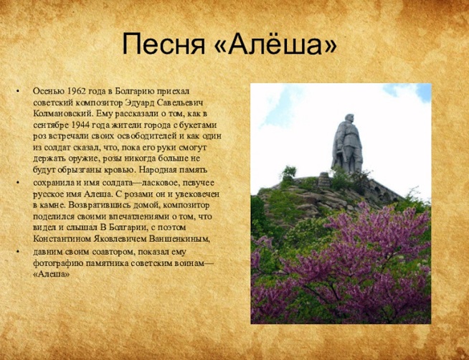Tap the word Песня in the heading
164,44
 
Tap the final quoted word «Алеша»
52,274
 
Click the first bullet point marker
18,90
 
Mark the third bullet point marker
18,251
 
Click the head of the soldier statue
349,118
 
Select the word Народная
157,170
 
